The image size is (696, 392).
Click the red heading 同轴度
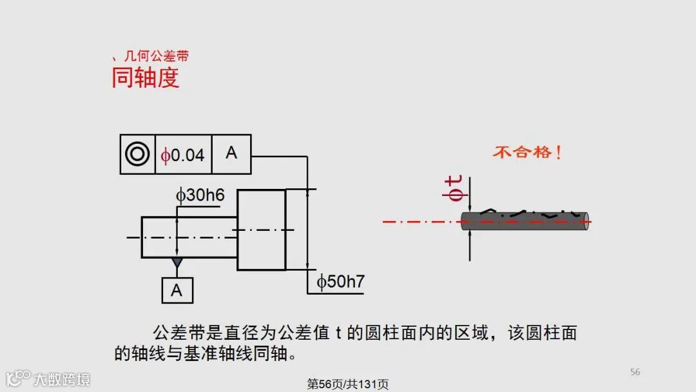(x=145, y=78)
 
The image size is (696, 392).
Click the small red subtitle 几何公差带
(x=155, y=57)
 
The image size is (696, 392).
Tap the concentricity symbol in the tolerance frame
(x=137, y=154)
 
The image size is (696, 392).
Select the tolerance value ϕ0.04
(x=183, y=155)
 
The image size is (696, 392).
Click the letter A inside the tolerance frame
(x=231, y=153)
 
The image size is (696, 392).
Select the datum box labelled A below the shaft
(x=177, y=290)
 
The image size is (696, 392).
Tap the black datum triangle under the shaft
(x=177, y=263)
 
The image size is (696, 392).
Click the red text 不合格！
(x=527, y=153)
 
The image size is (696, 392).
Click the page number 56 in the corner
(x=635, y=372)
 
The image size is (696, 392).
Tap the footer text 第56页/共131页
(x=348, y=384)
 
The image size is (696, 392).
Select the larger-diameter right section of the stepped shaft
(x=261, y=230)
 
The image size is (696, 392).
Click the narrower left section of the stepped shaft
(x=189, y=237)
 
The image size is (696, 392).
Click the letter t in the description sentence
(x=338, y=333)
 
